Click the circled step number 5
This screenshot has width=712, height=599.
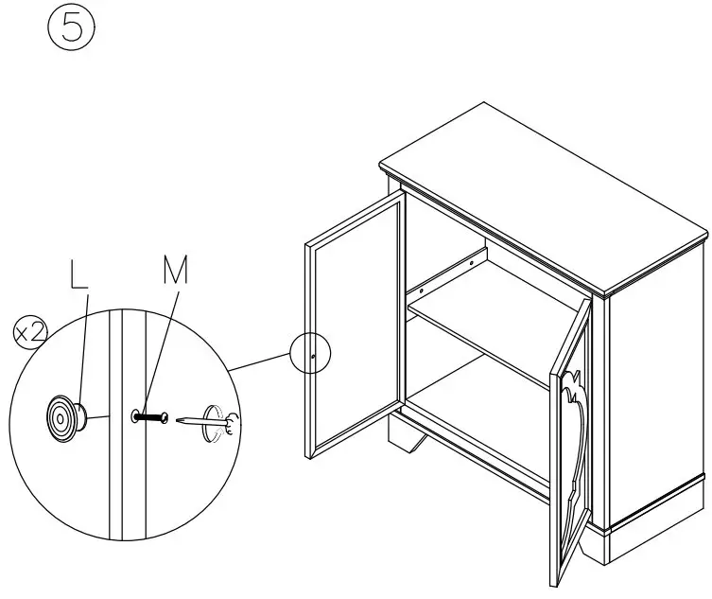pyautogui.click(x=66, y=28)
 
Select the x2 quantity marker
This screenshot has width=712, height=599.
pyautogui.click(x=28, y=331)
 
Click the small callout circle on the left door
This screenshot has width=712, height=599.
pyautogui.click(x=313, y=355)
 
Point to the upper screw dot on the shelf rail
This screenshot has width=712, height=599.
pyautogui.click(x=470, y=256)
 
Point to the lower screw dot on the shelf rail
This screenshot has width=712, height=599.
pyautogui.click(x=422, y=281)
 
